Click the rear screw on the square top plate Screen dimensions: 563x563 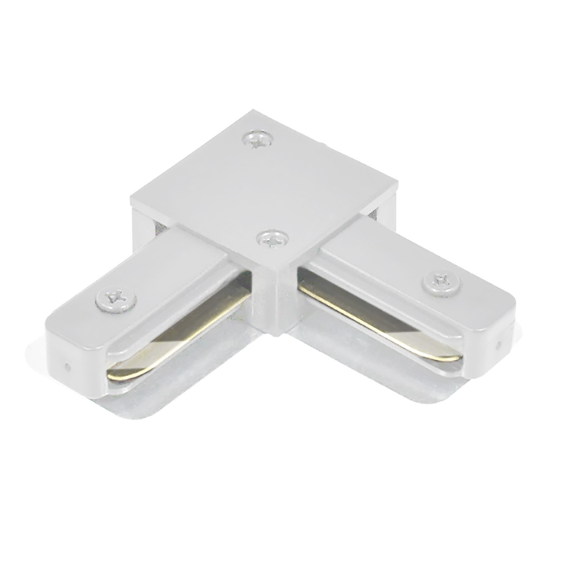click(258, 138)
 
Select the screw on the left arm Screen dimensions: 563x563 click(116, 301)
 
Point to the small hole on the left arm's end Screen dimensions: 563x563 click(68, 367)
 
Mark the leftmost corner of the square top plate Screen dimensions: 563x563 click(132, 198)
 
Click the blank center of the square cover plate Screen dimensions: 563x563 click(265, 186)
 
